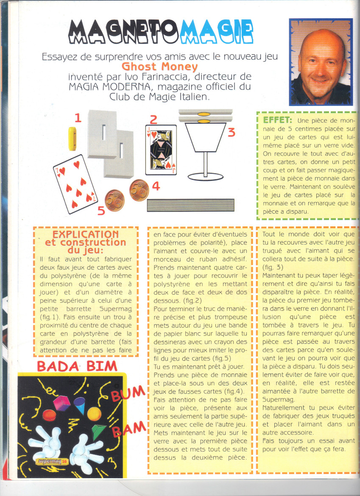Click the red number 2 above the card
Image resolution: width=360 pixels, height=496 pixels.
(x=153, y=120)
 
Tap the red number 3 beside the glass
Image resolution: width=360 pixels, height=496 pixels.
(x=231, y=133)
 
